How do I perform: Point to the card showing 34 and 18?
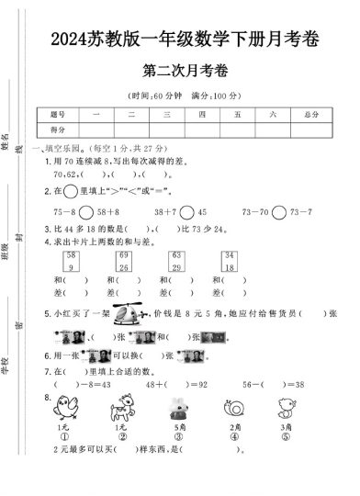tap(229, 260)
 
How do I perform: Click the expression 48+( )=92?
tap(175, 385)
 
